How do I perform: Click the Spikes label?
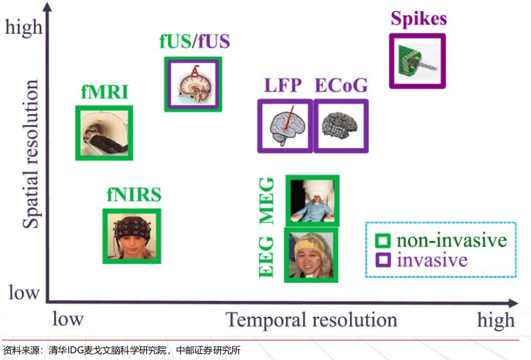(418, 18)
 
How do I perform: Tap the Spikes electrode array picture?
(417, 61)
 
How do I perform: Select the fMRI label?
(104, 92)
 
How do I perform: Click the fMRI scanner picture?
(104, 133)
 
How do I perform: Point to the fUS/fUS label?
(194, 42)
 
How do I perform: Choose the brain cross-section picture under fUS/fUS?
(193, 84)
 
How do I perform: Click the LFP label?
(283, 86)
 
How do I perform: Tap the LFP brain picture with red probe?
(285, 126)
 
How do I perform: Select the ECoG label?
(340, 86)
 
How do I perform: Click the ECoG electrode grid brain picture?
(340, 126)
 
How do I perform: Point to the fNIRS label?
(134, 195)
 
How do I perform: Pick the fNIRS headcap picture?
(132, 236)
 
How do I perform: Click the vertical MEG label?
(267, 201)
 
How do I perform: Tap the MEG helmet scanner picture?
(312, 201)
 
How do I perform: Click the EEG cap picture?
(311, 255)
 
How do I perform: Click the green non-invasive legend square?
(382, 240)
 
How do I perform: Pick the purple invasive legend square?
(382, 260)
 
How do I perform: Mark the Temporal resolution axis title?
(311, 320)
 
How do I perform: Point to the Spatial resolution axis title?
(30, 154)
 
